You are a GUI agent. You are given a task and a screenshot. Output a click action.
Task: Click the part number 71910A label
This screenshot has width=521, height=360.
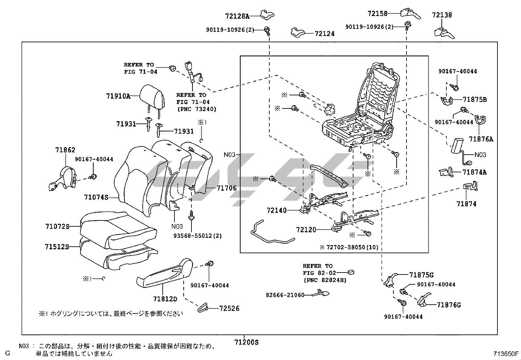coord(118,96)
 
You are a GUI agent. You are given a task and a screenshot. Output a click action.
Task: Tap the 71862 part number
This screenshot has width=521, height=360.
coord(65,150)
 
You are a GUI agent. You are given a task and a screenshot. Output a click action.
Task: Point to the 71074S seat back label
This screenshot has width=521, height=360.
coord(96,197)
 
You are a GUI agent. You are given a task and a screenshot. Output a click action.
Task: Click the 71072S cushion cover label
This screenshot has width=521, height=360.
coord(57,226)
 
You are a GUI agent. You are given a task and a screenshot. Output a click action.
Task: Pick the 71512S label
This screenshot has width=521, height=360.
coord(57,247)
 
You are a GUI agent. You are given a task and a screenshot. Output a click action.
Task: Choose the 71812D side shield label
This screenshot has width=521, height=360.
coord(165,299)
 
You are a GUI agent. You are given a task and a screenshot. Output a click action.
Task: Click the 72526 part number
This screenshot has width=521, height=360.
coord(229,308)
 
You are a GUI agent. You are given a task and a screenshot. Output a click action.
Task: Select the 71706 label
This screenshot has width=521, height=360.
coord(226,188)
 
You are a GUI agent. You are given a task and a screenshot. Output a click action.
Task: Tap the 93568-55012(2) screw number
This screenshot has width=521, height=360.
coord(197,236)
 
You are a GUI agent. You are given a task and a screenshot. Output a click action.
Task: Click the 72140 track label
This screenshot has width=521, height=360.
coord(277,210)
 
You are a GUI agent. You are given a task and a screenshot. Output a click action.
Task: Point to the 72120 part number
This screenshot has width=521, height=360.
coord(306,230)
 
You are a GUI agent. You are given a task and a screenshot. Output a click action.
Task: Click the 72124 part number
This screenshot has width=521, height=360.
coord(325,33)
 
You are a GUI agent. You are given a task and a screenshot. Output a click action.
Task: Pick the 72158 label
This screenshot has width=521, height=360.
coord(377,13)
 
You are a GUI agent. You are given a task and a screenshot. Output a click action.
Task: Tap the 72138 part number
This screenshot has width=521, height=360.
coord(442,15)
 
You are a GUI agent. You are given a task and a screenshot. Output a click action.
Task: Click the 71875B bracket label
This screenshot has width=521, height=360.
coord(475,100)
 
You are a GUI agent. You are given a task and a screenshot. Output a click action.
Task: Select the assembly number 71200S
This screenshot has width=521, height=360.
coord(246,342)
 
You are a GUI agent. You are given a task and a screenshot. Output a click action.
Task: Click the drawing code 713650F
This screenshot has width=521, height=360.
coord(506,353)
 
